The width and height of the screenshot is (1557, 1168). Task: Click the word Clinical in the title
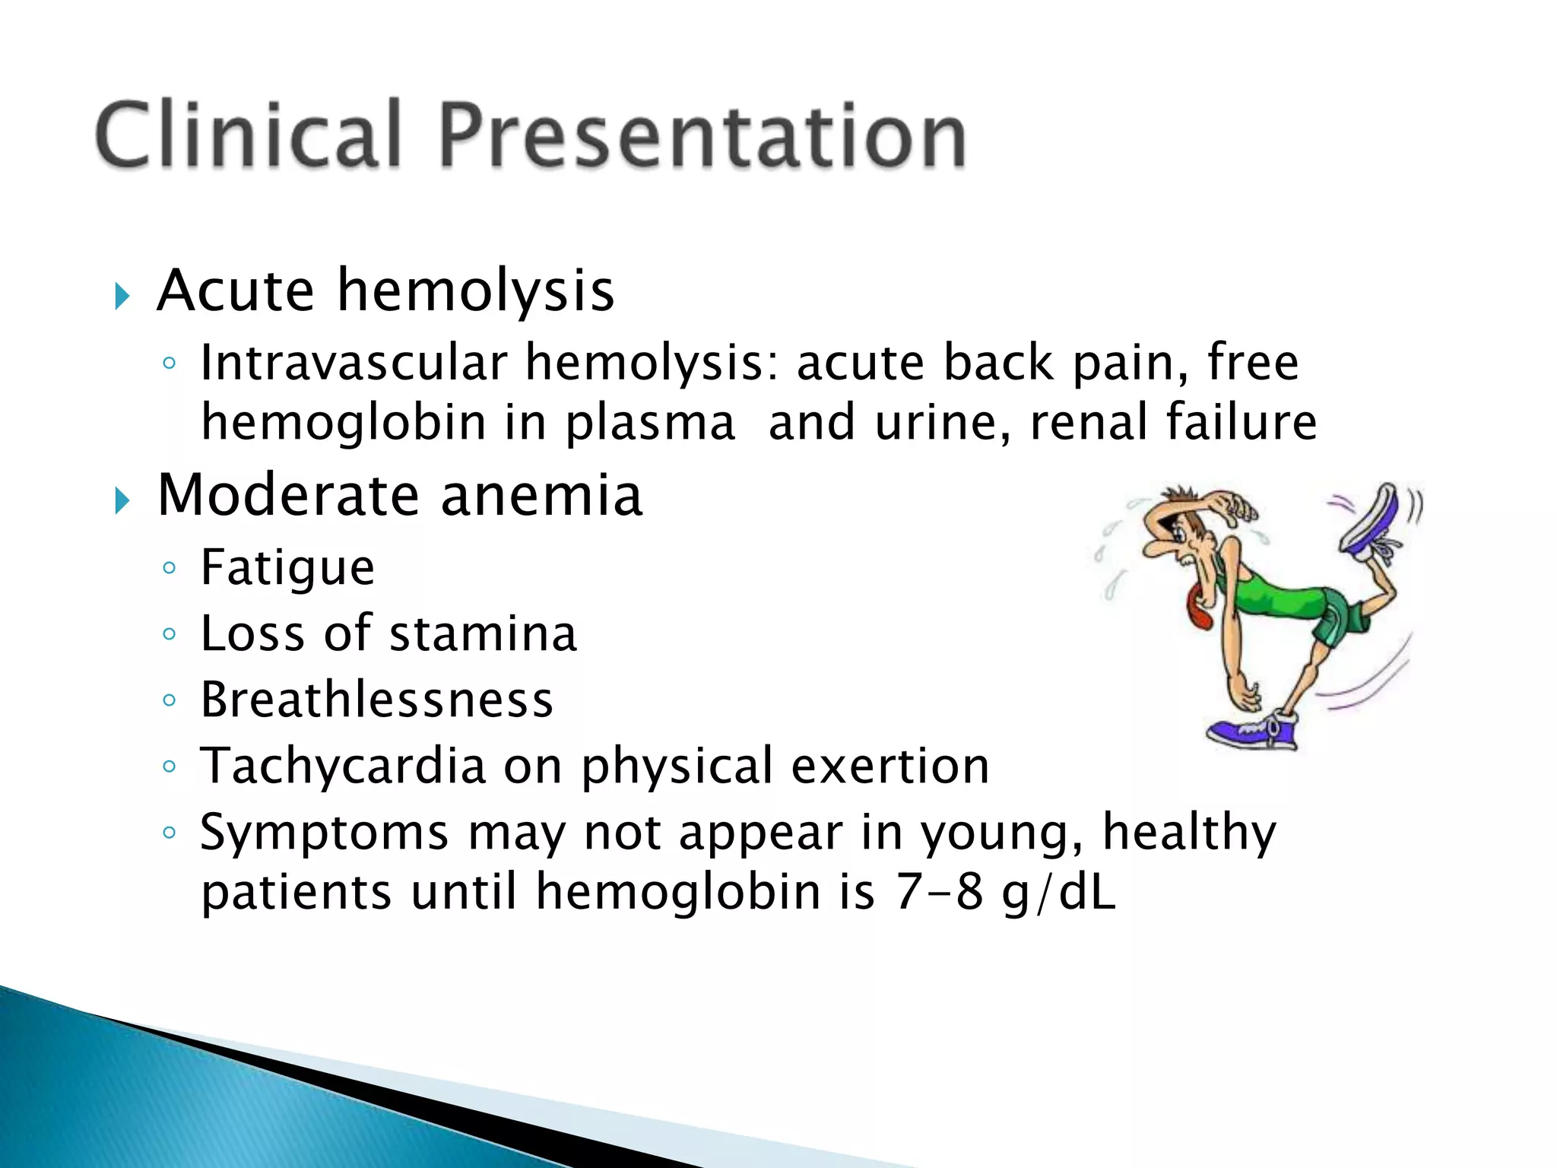[x=248, y=135]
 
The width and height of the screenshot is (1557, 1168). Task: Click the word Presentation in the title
[x=702, y=135]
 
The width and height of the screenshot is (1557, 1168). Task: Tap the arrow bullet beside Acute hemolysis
[x=122, y=295]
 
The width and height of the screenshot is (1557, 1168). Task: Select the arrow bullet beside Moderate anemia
[x=122, y=500]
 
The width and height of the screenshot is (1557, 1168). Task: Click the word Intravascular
[x=353, y=363]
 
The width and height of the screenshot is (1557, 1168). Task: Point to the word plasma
[x=650, y=424]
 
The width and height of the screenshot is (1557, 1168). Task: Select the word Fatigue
[x=287, y=568]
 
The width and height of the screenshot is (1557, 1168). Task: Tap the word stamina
[x=483, y=633]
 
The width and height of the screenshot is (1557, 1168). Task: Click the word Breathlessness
[x=376, y=700]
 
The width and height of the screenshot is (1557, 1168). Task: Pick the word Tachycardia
[x=342, y=766]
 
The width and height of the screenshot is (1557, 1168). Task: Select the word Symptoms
[x=324, y=833]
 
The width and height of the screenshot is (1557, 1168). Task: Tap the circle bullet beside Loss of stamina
[x=169, y=633]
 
